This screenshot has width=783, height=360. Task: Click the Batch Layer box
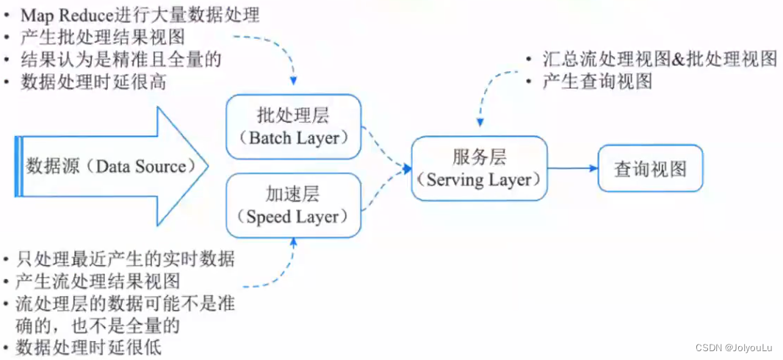[x=293, y=126]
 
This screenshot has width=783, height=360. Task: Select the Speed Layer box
[x=293, y=205]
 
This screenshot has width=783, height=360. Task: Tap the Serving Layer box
[x=479, y=168]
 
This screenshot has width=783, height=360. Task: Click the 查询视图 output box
[x=650, y=168]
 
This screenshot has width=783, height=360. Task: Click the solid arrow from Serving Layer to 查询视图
[x=573, y=168]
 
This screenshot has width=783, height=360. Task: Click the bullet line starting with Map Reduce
[x=140, y=15]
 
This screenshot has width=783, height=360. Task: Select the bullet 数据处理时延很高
[x=93, y=81]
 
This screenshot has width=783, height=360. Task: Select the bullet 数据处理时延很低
[x=93, y=346]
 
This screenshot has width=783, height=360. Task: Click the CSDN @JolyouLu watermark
[x=735, y=347]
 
